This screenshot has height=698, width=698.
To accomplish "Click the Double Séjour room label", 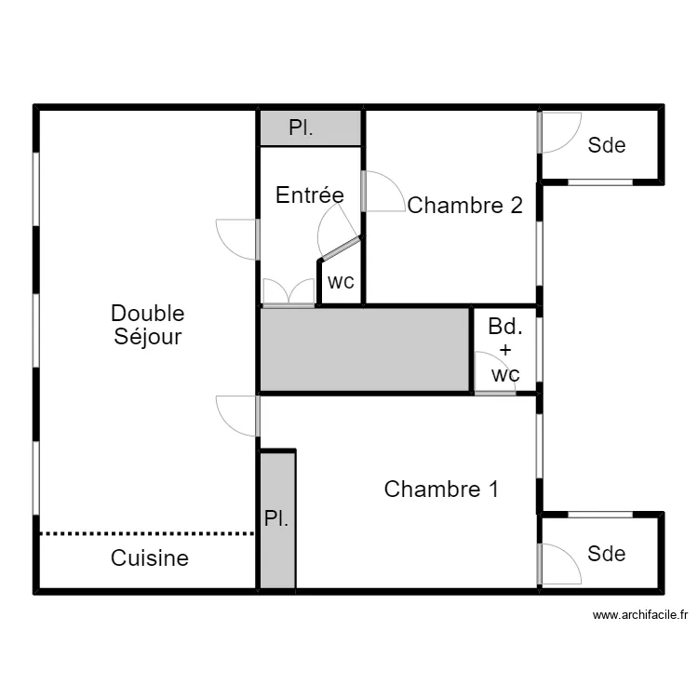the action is [148, 325].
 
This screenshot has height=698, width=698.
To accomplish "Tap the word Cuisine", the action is [150, 558].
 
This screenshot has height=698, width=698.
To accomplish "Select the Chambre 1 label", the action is [441, 490].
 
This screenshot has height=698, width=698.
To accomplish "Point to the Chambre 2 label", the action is [464, 206].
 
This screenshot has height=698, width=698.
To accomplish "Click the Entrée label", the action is [310, 195].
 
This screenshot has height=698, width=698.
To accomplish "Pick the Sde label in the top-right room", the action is [607, 145].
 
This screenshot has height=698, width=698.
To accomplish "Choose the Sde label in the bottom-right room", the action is [606, 554].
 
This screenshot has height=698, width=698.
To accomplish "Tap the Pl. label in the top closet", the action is [301, 128].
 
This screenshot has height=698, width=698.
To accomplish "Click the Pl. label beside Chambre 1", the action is [276, 518].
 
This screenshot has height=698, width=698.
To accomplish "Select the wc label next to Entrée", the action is [341, 282].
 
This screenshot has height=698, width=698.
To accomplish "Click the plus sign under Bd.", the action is [505, 350].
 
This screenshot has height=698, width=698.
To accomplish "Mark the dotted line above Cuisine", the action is [147, 533].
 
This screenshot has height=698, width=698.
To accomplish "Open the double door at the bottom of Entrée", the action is [289, 293].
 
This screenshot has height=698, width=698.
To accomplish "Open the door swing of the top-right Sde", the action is [559, 133].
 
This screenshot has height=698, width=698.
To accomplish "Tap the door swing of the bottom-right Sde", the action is [559, 564].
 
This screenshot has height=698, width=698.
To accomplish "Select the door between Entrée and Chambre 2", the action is [383, 192].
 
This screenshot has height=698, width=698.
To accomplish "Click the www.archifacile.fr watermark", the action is [640, 615].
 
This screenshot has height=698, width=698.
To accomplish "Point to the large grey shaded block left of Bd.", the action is [365, 350].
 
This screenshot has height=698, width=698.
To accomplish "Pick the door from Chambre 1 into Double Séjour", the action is [237, 416].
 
